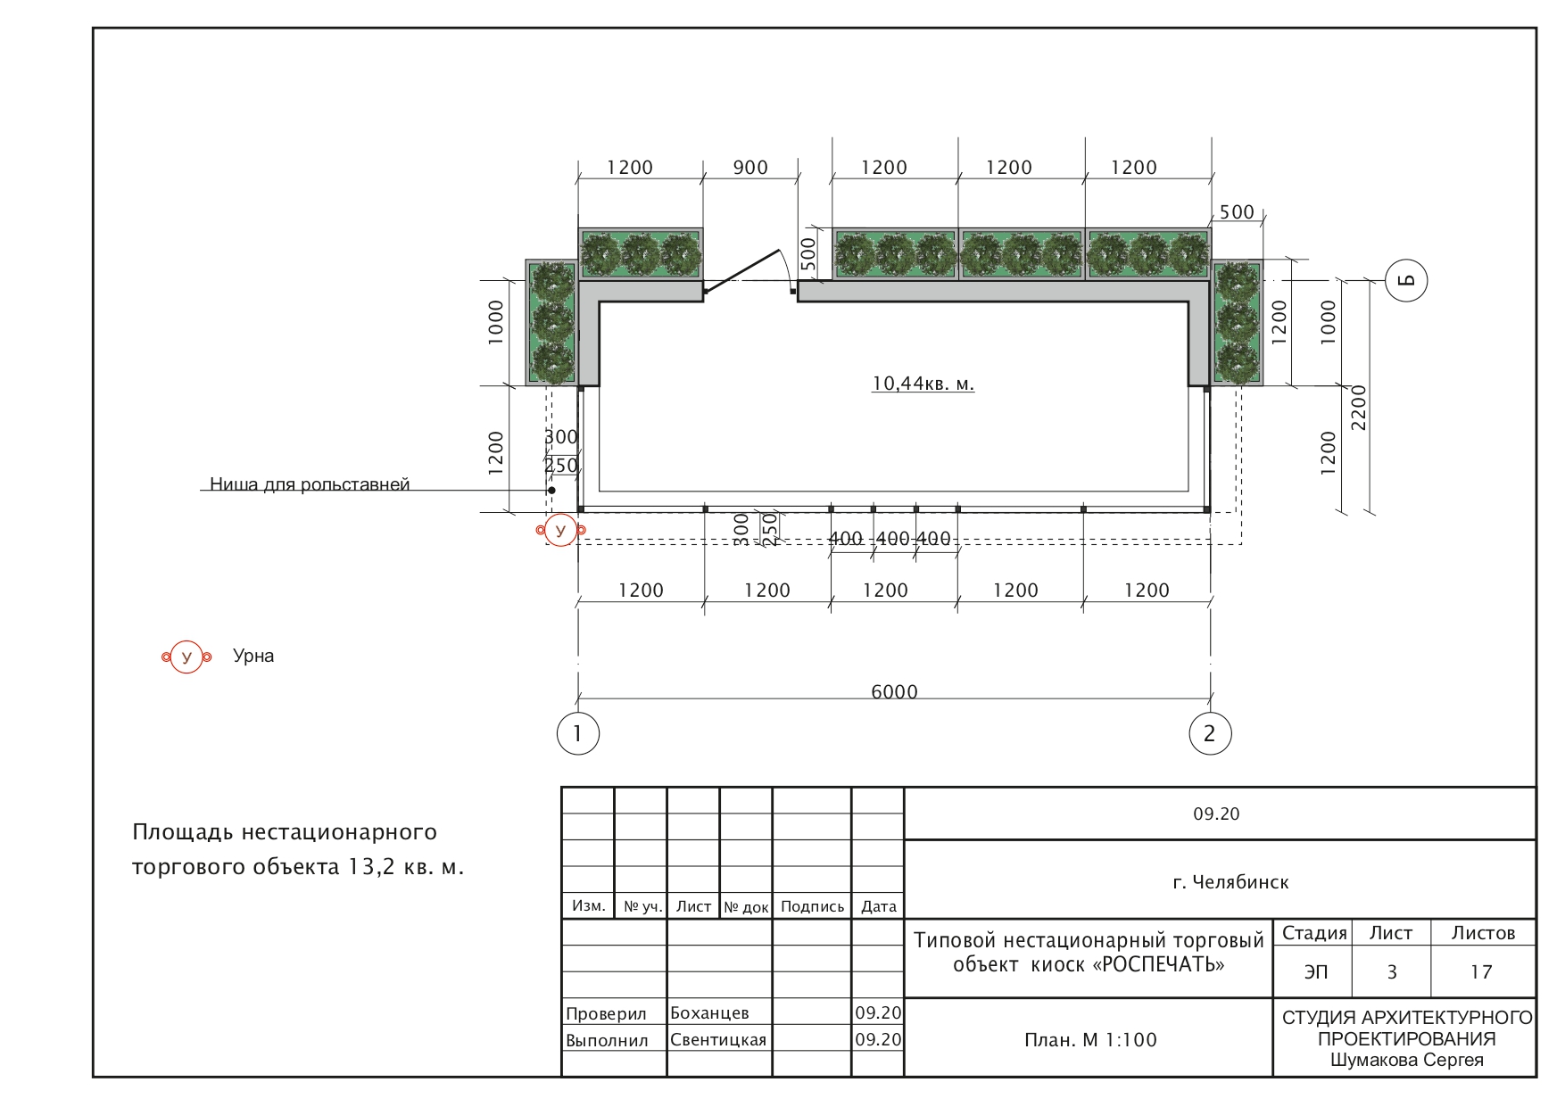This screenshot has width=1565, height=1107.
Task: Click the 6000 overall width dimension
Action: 894,691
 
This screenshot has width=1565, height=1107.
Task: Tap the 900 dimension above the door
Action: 750,168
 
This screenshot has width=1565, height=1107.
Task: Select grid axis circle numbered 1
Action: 578,733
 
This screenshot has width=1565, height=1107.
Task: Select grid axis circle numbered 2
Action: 1210,733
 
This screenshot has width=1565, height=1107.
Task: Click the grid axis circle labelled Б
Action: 1406,280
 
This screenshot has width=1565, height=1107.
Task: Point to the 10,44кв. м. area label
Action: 923,384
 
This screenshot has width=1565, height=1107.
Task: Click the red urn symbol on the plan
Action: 560,531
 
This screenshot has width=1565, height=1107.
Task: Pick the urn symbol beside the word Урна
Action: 186,657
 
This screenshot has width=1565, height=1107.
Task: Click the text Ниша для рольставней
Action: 310,484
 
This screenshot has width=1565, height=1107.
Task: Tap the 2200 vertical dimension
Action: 1358,408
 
